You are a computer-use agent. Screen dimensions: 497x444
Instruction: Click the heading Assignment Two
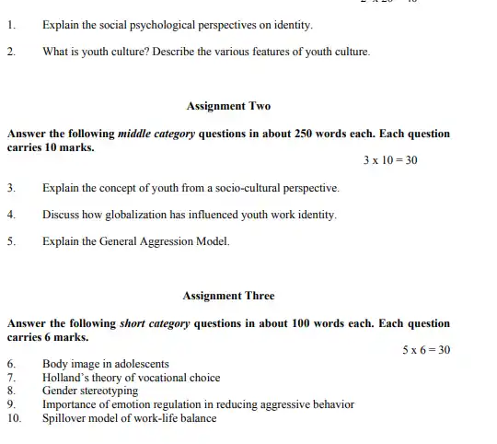tap(228, 106)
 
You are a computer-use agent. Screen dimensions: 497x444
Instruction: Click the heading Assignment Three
tap(228, 296)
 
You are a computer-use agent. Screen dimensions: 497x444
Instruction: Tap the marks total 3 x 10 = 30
tap(390, 160)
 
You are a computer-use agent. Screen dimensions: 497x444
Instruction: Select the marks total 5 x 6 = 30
tap(426, 350)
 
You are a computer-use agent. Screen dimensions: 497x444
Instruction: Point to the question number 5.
tap(10, 241)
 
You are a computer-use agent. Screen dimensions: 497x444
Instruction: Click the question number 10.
tap(14, 418)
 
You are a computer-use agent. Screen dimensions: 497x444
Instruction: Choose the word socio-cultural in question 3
tap(249, 188)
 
